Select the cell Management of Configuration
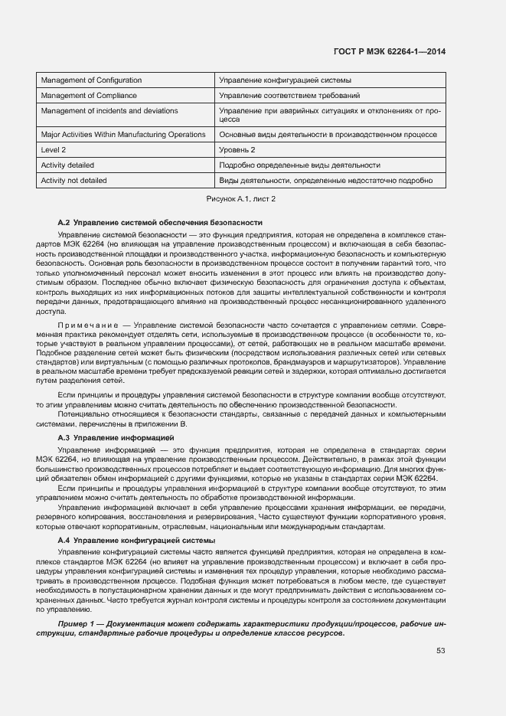(x=91, y=80)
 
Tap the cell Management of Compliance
(x=89, y=96)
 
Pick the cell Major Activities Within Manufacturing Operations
(x=123, y=134)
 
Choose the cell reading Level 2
(x=54, y=149)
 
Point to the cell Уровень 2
(x=237, y=149)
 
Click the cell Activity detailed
(x=67, y=165)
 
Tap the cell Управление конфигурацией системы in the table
(x=285, y=80)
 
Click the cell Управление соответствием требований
(x=290, y=96)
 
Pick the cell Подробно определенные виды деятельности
(x=299, y=165)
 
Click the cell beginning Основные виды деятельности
(x=328, y=134)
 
